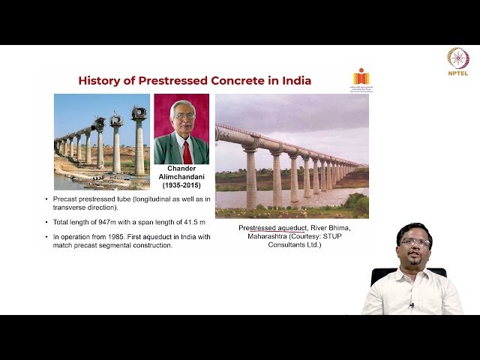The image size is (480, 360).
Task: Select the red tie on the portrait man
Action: click(x=187, y=151)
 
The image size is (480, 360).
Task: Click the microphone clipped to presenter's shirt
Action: click(x=411, y=305)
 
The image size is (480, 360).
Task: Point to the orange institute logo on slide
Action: click(x=361, y=77)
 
